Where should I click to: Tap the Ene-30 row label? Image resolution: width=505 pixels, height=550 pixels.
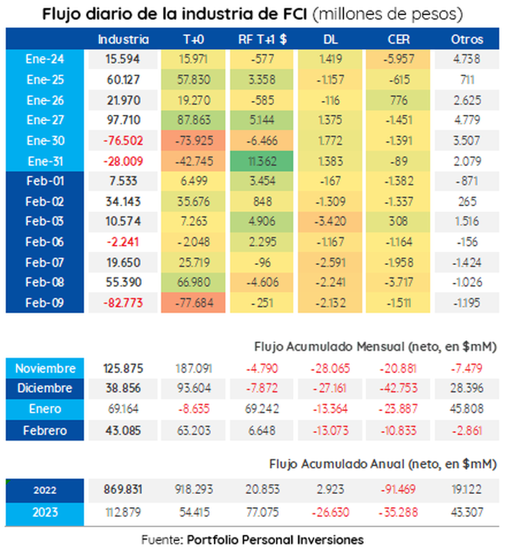tap(46, 141)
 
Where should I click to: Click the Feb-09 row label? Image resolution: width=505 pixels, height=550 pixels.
tap(46, 302)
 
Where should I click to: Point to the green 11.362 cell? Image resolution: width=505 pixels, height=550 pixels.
tap(263, 161)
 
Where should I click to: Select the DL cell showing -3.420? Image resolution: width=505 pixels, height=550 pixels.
tap(333, 221)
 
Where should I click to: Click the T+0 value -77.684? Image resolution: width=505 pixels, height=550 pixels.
tap(193, 302)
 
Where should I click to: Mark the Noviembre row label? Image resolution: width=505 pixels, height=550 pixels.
tap(45, 368)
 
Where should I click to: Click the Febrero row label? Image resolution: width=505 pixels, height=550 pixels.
tap(45, 430)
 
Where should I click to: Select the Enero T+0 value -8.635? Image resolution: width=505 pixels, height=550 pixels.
tap(193, 410)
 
